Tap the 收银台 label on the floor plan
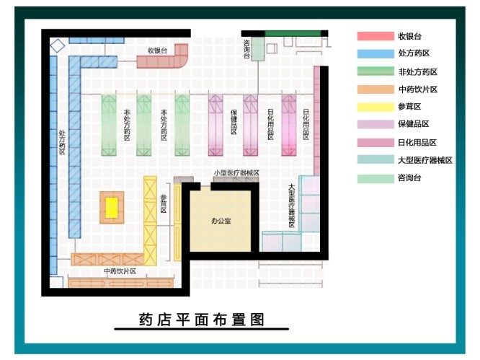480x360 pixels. [x=157, y=51]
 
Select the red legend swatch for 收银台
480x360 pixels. [x=373, y=36]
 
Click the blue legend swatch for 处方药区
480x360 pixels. [x=373, y=54]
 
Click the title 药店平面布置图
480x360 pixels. [x=202, y=319]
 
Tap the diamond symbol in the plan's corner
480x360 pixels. [x=58, y=45]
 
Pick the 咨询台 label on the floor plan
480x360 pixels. [x=247, y=49]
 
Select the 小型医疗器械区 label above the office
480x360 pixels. [x=236, y=174]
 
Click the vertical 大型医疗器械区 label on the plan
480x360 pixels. [x=292, y=206]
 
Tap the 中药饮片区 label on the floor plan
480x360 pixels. [x=120, y=271]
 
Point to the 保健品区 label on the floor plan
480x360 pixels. [x=234, y=124]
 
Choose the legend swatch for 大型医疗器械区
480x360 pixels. [x=373, y=161]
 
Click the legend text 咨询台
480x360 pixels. [x=407, y=179]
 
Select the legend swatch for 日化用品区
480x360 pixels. [x=373, y=143]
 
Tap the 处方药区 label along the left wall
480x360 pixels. [x=63, y=142]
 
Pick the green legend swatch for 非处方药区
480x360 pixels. [x=373, y=72]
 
